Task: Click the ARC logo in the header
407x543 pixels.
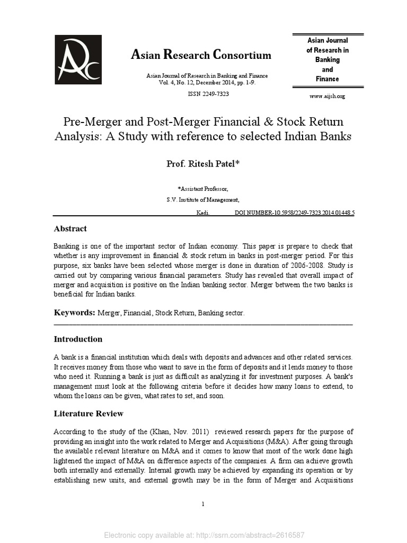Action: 78,59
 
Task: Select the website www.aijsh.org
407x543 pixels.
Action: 327,96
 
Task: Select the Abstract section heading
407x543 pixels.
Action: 70,229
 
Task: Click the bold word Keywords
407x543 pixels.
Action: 74,313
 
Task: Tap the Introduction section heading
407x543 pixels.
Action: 78,339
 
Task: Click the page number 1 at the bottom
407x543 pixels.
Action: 203,504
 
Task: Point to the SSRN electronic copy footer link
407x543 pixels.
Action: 203,535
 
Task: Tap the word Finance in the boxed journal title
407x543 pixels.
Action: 328,78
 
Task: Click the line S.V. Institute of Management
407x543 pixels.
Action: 203,200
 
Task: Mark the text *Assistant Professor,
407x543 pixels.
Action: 203,188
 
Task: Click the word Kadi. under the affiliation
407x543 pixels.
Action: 203,212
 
